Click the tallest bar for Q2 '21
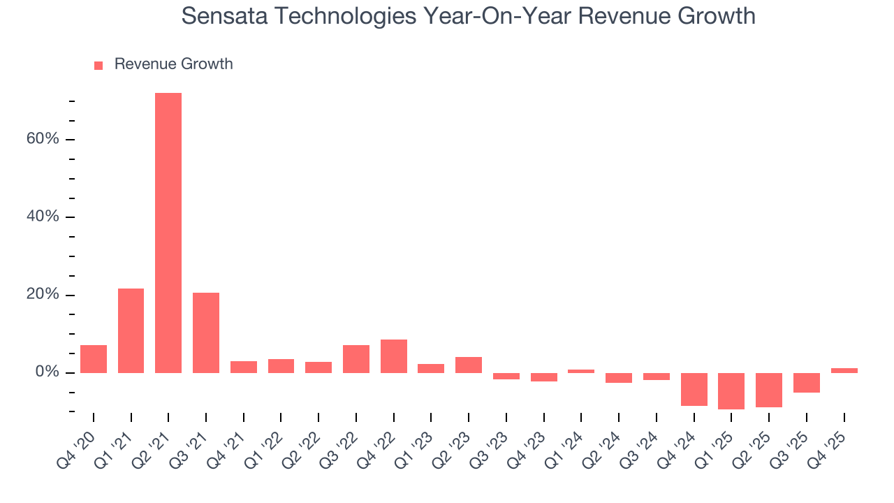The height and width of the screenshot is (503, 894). tap(168, 233)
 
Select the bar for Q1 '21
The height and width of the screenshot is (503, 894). tap(131, 330)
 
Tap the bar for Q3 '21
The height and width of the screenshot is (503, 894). tap(206, 333)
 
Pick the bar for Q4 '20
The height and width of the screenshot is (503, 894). tap(94, 358)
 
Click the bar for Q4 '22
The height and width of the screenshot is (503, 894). tap(394, 356)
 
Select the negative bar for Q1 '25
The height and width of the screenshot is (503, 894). tap(731, 391)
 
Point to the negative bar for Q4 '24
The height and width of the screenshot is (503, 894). tap(694, 389)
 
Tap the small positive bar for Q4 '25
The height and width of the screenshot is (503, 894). tap(844, 370)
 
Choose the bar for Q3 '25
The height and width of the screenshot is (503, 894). tap(806, 383)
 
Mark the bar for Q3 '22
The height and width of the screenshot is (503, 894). tap(356, 358)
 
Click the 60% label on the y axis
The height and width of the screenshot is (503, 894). tap(43, 139)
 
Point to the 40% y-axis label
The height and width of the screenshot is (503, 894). tap(43, 217)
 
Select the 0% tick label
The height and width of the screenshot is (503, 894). tap(47, 372)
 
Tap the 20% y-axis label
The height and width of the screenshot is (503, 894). tap(43, 295)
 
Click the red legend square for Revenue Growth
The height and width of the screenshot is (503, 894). tap(98, 65)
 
